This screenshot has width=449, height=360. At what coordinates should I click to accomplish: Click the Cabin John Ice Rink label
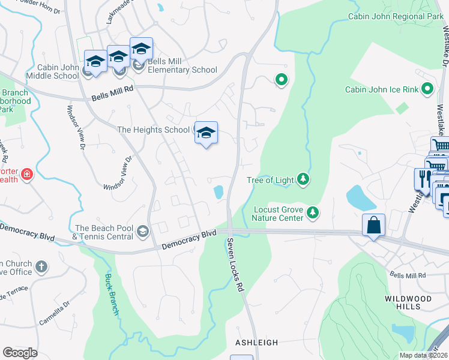381,90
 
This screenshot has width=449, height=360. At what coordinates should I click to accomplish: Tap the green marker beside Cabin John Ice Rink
427,89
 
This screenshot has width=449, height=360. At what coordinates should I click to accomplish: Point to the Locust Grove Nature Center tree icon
312,212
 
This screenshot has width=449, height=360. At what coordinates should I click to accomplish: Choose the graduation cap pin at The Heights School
206,133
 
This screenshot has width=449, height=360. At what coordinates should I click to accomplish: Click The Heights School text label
153,130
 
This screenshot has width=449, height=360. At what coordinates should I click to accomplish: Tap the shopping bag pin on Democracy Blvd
373,226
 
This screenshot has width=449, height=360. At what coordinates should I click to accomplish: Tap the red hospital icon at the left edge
26,175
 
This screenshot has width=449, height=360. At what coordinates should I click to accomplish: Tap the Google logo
20,353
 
